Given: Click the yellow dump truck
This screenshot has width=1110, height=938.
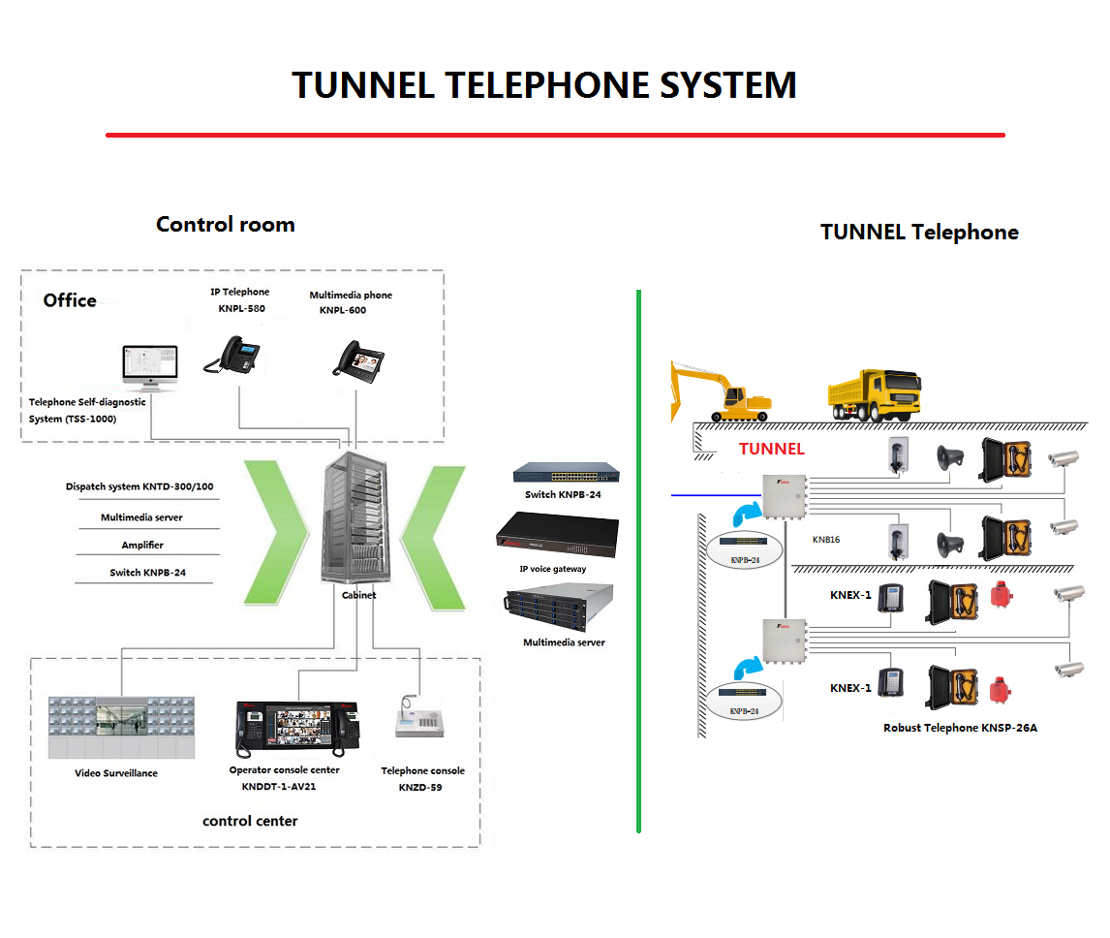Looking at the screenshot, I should tap(875, 394).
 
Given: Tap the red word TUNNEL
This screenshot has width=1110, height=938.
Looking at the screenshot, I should tap(771, 449).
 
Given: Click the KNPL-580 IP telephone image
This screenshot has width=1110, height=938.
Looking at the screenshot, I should tap(232, 354).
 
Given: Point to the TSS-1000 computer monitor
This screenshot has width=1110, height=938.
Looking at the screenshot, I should tap(150, 368).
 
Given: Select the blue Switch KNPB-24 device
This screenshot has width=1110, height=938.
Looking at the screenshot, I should tap(567, 473).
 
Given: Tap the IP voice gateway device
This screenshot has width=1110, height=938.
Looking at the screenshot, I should tap(556, 535).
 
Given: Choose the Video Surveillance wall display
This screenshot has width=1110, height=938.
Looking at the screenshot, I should tap(120, 728).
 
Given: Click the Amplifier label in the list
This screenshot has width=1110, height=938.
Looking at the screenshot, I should tap(142, 546).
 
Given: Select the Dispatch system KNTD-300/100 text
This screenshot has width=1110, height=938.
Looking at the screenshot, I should tap(139, 486).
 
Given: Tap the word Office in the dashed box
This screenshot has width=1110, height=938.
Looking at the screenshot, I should tap(70, 300).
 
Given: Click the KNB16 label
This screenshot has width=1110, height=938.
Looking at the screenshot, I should tap(826, 540).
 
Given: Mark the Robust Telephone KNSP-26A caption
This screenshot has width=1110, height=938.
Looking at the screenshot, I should tap(960, 728).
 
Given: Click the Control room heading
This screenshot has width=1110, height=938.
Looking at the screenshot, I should tap(225, 225).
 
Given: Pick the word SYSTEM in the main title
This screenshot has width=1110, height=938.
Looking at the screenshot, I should tap(727, 85).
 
